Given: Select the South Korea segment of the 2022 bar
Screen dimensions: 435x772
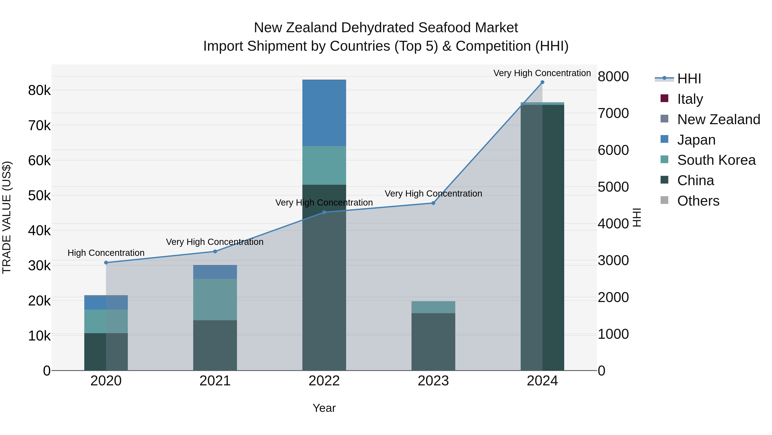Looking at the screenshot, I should [x=324, y=165].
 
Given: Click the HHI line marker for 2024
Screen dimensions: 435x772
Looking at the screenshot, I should [x=542, y=82].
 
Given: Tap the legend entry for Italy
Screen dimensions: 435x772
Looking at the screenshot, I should [x=690, y=99].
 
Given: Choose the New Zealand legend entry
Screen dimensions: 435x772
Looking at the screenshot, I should [x=718, y=119].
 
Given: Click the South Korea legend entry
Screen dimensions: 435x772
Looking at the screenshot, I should [x=716, y=160].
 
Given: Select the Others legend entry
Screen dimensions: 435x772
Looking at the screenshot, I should [x=698, y=201].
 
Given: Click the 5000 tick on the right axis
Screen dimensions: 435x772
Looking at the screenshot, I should [x=613, y=187].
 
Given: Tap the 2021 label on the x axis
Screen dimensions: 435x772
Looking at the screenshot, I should [x=215, y=381].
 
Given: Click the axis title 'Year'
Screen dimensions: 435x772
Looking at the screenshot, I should [x=324, y=408].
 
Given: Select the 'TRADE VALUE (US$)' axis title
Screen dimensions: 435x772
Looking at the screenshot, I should [x=7, y=217].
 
